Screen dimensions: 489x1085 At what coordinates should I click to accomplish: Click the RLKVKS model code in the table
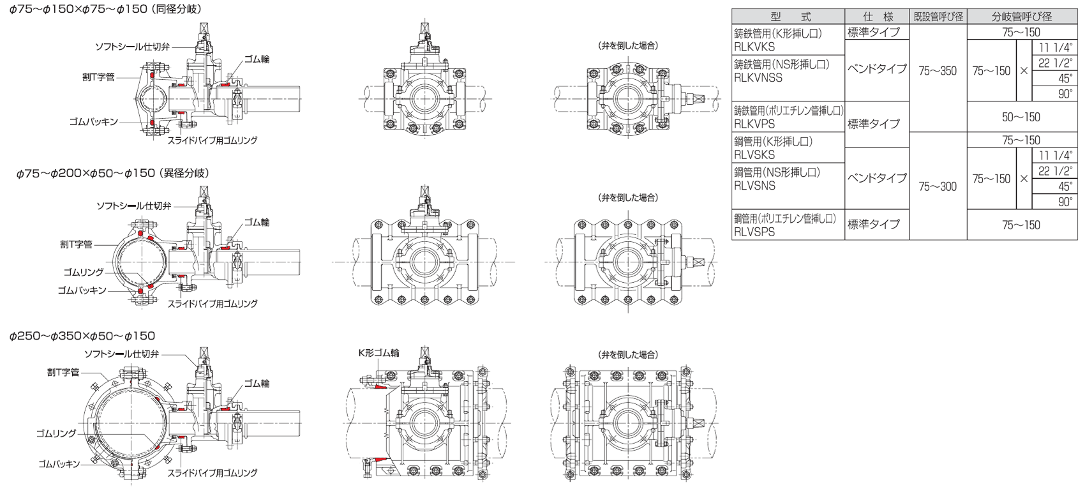coord(754,47)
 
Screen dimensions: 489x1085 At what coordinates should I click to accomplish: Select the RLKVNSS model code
coord(758,77)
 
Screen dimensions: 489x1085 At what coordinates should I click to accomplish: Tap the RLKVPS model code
coord(754,124)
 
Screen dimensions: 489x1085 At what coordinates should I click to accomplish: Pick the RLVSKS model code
coord(754,154)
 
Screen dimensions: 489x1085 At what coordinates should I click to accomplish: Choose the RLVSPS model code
coord(754,232)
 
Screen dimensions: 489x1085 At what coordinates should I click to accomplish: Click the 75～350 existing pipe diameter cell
coord(938,71)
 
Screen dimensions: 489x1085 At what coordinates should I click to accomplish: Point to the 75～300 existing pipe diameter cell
coord(938,186)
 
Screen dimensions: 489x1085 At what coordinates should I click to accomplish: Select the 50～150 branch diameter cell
coord(1021,117)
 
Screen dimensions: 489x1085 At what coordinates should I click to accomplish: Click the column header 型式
coord(788,17)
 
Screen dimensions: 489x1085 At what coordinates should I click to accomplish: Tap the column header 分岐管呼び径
coord(1022,17)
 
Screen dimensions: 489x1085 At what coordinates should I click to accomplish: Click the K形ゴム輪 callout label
coord(378,353)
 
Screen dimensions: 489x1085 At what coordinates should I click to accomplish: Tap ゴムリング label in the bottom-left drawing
coord(56,433)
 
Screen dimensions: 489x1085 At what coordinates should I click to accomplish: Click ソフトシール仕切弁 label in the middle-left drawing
coord(133,206)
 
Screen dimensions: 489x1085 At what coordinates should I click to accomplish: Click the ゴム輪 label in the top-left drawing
coord(256,59)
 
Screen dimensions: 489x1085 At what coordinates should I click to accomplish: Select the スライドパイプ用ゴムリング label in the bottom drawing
coord(212,473)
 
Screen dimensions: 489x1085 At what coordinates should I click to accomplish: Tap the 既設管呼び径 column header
coord(938,17)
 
